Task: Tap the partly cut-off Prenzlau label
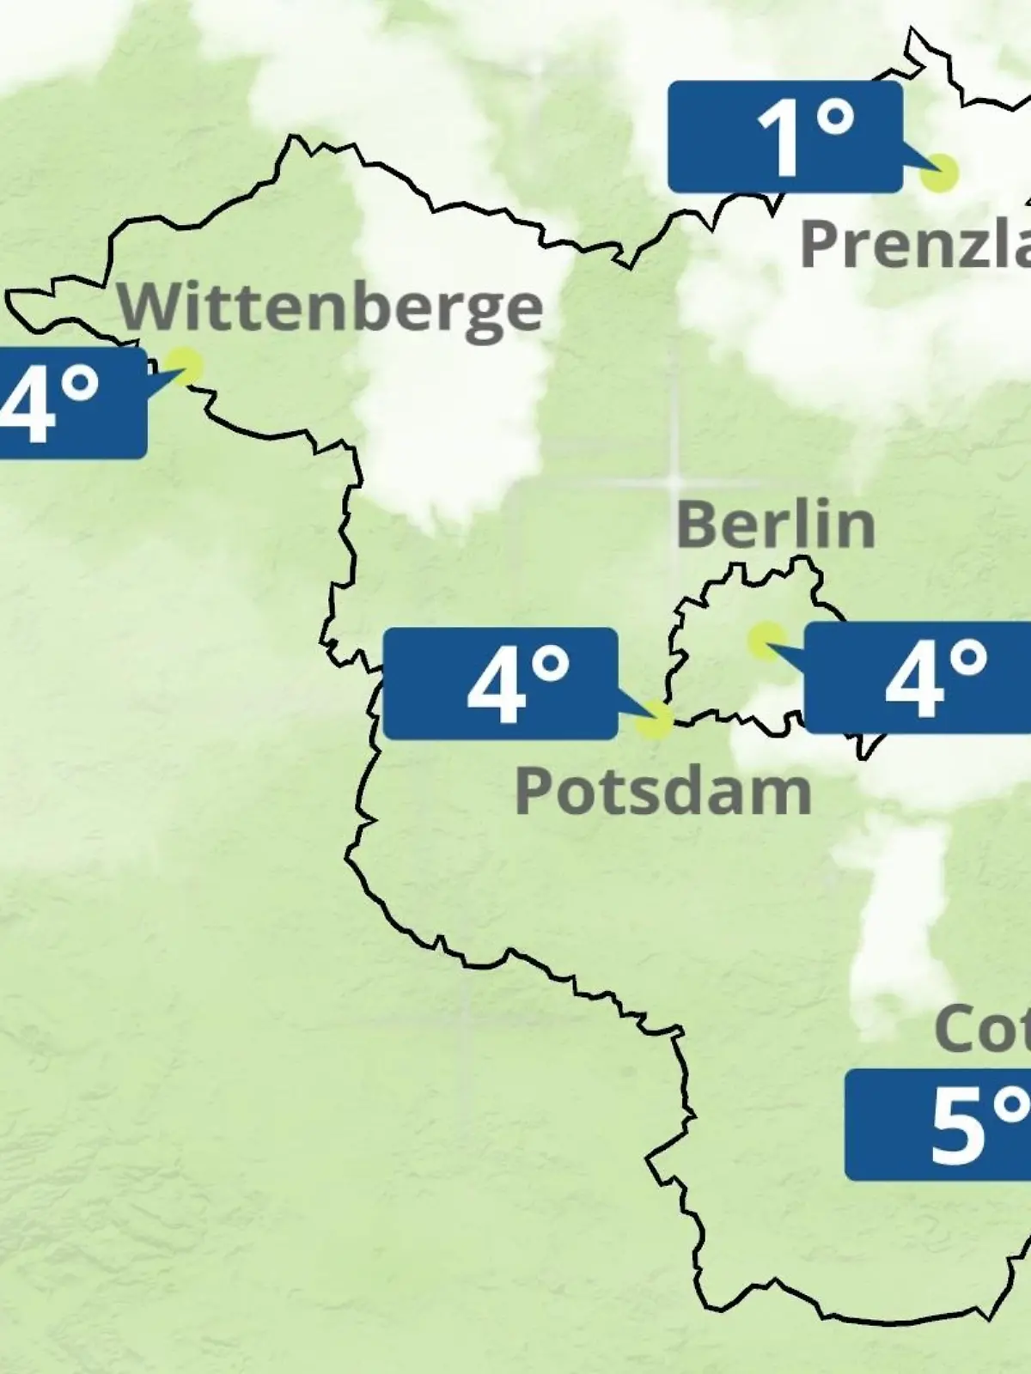915,244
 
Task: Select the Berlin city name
775,524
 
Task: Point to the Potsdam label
662,791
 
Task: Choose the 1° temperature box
785,137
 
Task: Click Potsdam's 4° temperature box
500,684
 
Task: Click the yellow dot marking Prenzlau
939,173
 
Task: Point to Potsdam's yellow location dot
655,720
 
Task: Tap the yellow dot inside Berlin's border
765,641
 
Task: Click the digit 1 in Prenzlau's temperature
779,139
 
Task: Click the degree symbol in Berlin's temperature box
969,659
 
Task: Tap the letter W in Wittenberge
148,307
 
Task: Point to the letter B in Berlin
697,524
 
